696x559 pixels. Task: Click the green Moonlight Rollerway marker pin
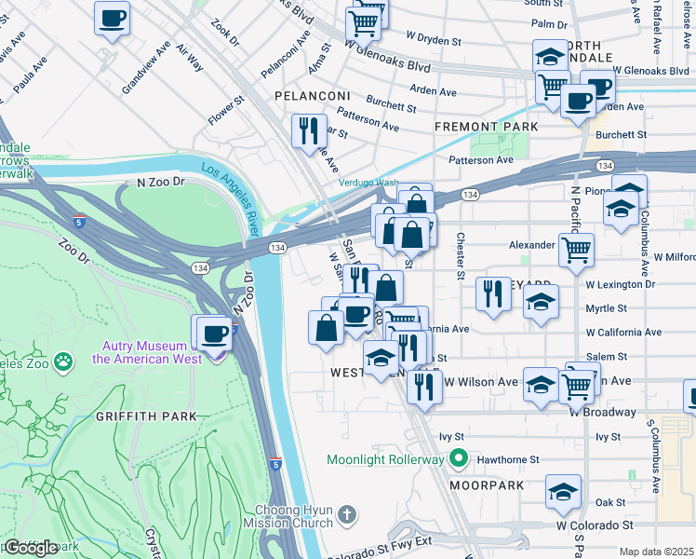tap(457, 459)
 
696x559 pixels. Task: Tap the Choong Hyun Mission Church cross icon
tap(347, 515)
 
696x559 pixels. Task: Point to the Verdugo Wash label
tap(368, 183)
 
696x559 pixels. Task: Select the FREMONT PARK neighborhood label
tap(487, 126)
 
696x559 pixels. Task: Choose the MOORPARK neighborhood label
tap(481, 485)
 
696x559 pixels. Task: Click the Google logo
tap(31, 548)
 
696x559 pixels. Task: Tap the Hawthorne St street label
tap(508, 459)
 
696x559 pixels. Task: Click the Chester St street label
tap(460, 255)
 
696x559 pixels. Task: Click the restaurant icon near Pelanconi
tap(308, 131)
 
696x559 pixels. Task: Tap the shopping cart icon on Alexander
tap(576, 250)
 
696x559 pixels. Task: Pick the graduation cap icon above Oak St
tap(563, 492)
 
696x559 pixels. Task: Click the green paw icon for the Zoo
tap(63, 361)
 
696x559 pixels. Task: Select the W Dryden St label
tap(434, 41)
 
